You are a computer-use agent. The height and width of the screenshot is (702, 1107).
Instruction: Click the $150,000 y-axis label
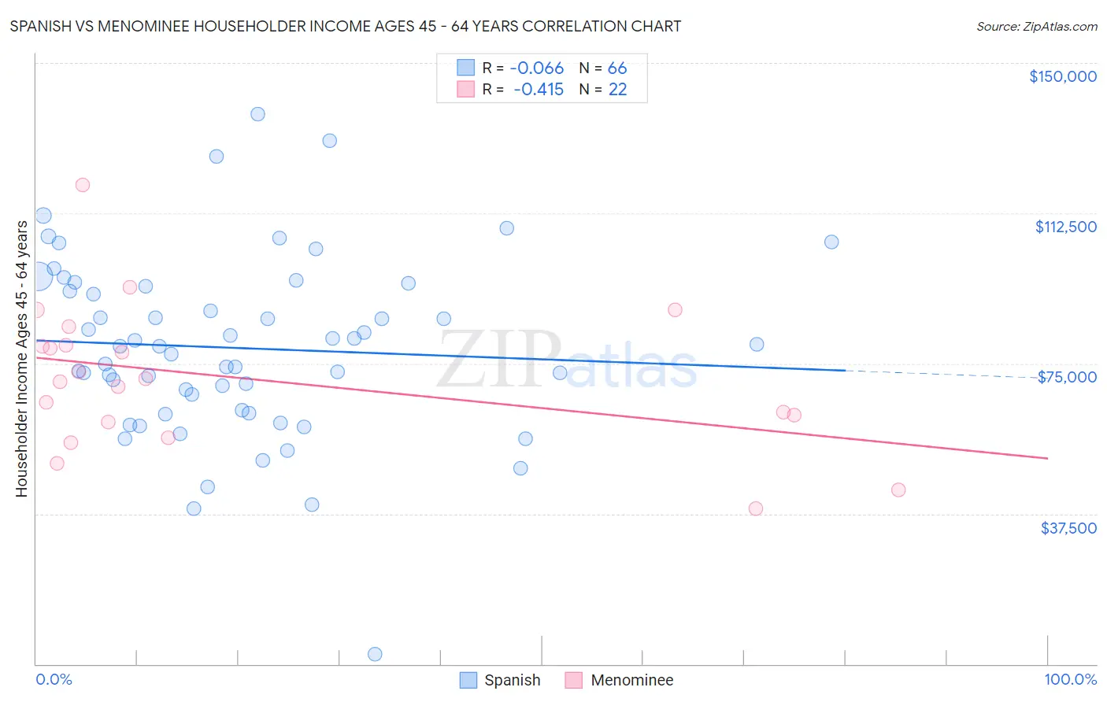click(1062, 76)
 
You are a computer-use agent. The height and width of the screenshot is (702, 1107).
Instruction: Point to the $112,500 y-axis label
click(1065, 227)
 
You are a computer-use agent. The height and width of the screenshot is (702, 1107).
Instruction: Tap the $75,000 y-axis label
click(1067, 377)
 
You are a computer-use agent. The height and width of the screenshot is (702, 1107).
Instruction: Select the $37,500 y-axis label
click(1068, 528)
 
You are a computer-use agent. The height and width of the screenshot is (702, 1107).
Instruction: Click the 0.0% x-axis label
click(54, 679)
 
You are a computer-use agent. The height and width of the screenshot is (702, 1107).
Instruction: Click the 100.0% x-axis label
click(1070, 679)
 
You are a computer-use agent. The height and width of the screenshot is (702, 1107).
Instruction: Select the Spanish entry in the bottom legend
click(500, 680)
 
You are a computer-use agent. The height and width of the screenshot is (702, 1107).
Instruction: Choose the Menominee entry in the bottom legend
click(618, 680)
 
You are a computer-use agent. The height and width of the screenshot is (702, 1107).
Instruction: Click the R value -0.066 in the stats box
click(536, 68)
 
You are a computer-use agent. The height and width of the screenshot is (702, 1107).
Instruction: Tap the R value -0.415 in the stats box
click(538, 90)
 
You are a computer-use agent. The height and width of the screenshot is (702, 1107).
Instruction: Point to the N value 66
click(616, 68)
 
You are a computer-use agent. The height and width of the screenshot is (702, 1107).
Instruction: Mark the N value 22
click(617, 90)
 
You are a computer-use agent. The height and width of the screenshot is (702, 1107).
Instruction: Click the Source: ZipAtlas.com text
click(1036, 26)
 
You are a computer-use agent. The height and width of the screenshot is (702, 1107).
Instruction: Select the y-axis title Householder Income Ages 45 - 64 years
click(21, 359)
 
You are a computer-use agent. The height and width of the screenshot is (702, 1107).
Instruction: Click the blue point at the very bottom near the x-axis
click(375, 654)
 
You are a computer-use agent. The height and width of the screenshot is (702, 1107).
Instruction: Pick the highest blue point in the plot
click(257, 114)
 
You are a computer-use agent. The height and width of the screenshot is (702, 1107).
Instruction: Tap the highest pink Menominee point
click(82, 185)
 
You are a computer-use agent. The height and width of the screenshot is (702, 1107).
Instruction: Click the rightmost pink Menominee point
click(898, 490)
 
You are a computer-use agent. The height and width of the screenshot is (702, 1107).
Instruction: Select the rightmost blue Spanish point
click(831, 242)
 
